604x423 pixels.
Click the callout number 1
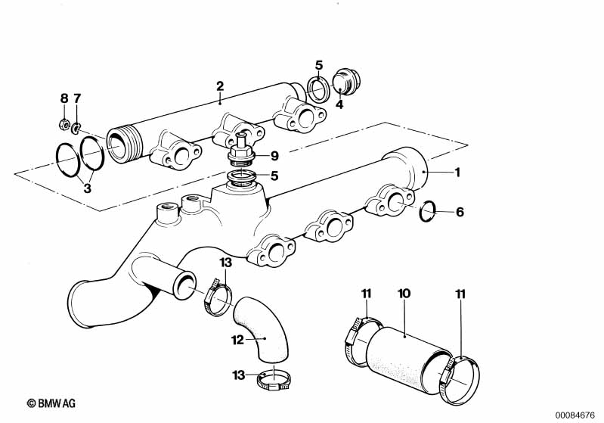click(456, 172)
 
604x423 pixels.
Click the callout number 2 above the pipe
click(219, 86)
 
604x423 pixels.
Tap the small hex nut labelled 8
click(65, 124)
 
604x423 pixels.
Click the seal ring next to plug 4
click(317, 87)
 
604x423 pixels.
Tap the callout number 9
click(274, 156)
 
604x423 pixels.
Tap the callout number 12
click(237, 340)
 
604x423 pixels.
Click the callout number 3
click(87, 188)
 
